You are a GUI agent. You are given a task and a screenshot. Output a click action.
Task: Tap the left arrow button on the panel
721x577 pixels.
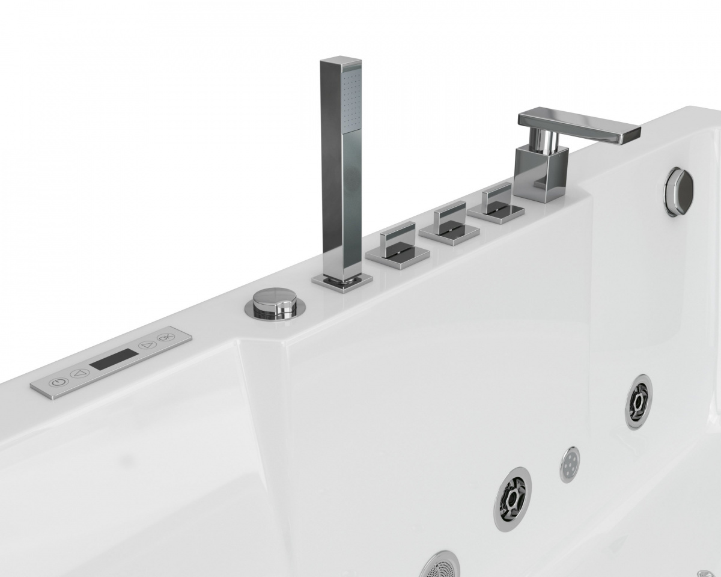click(x=80, y=373)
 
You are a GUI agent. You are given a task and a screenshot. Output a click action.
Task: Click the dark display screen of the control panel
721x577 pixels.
click(x=114, y=359)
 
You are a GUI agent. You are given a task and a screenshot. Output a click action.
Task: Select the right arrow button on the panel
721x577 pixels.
click(x=148, y=345)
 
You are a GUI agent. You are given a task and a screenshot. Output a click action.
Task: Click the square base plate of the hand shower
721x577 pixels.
click(x=342, y=283)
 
